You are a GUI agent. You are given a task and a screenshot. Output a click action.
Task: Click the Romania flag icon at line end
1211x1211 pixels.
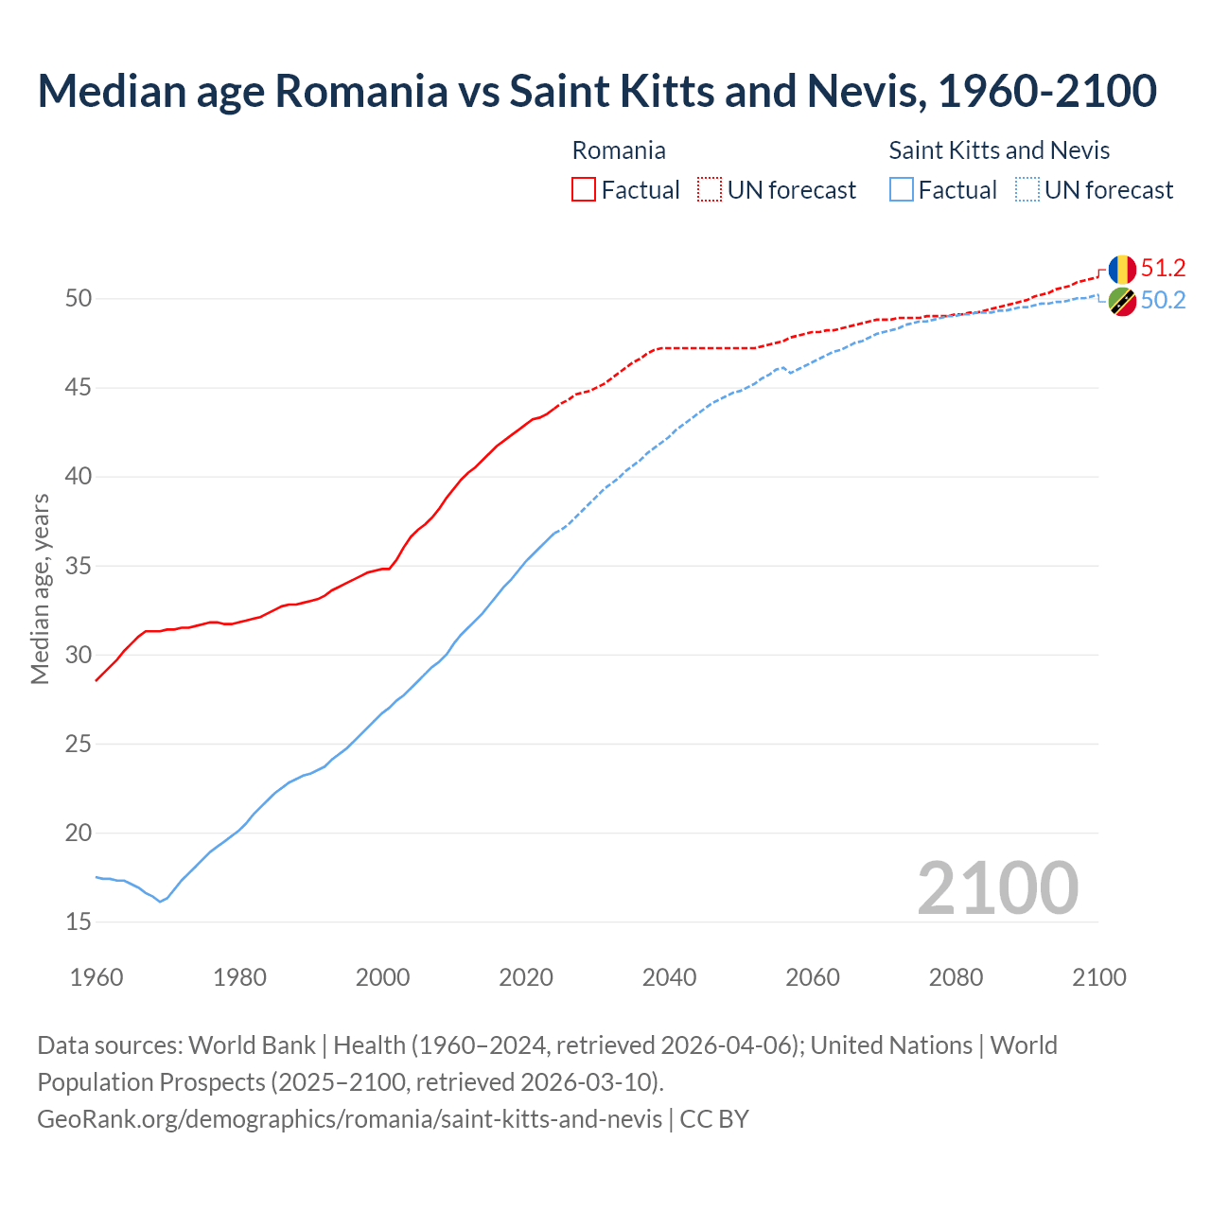click(1122, 270)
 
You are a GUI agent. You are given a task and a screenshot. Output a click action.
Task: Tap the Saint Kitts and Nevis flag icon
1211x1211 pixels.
click(1122, 302)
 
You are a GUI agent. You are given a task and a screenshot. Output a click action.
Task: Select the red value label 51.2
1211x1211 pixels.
click(1163, 269)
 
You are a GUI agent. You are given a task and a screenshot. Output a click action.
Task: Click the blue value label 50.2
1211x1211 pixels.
click(1163, 301)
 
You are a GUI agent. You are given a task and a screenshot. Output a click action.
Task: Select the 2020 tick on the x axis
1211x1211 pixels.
click(526, 977)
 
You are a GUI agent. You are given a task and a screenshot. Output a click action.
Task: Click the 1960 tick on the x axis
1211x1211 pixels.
click(97, 977)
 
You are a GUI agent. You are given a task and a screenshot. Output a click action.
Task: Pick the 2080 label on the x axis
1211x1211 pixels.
click(956, 977)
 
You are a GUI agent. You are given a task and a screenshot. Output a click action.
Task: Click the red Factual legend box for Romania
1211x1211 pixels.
click(584, 190)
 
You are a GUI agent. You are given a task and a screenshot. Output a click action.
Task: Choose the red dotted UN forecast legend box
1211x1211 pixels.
click(710, 190)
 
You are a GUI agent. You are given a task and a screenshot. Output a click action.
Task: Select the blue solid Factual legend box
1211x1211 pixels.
click(902, 190)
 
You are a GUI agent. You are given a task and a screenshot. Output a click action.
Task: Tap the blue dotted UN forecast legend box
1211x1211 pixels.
click(1027, 190)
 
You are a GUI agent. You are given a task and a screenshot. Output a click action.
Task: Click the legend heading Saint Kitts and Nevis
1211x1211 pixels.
click(999, 150)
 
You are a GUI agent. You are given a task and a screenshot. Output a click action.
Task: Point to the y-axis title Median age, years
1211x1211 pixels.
click(40, 588)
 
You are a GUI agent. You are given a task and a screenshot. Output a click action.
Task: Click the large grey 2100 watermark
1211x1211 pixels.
click(998, 888)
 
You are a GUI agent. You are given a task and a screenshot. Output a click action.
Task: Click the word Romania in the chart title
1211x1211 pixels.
click(360, 91)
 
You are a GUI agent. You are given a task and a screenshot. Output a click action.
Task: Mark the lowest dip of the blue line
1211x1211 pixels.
click(160, 902)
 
